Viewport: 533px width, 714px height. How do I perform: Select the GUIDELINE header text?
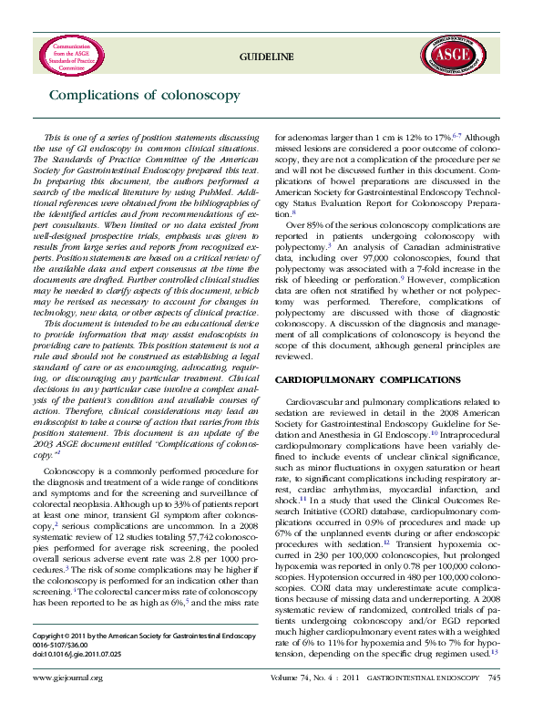(x=266, y=57)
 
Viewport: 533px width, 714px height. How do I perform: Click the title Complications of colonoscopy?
(x=145, y=95)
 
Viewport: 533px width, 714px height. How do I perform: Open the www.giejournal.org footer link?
(x=67, y=703)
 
